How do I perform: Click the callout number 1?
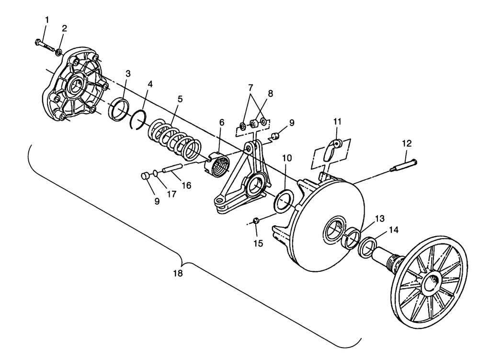47,20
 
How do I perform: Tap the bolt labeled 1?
45,45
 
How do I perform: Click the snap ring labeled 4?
138,119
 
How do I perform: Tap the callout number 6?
222,122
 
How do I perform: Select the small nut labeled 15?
256,221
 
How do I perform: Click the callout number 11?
337,121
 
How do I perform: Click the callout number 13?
380,219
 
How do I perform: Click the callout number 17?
171,194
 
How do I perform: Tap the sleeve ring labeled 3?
119,109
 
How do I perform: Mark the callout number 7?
251,88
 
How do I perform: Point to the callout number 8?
270,93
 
